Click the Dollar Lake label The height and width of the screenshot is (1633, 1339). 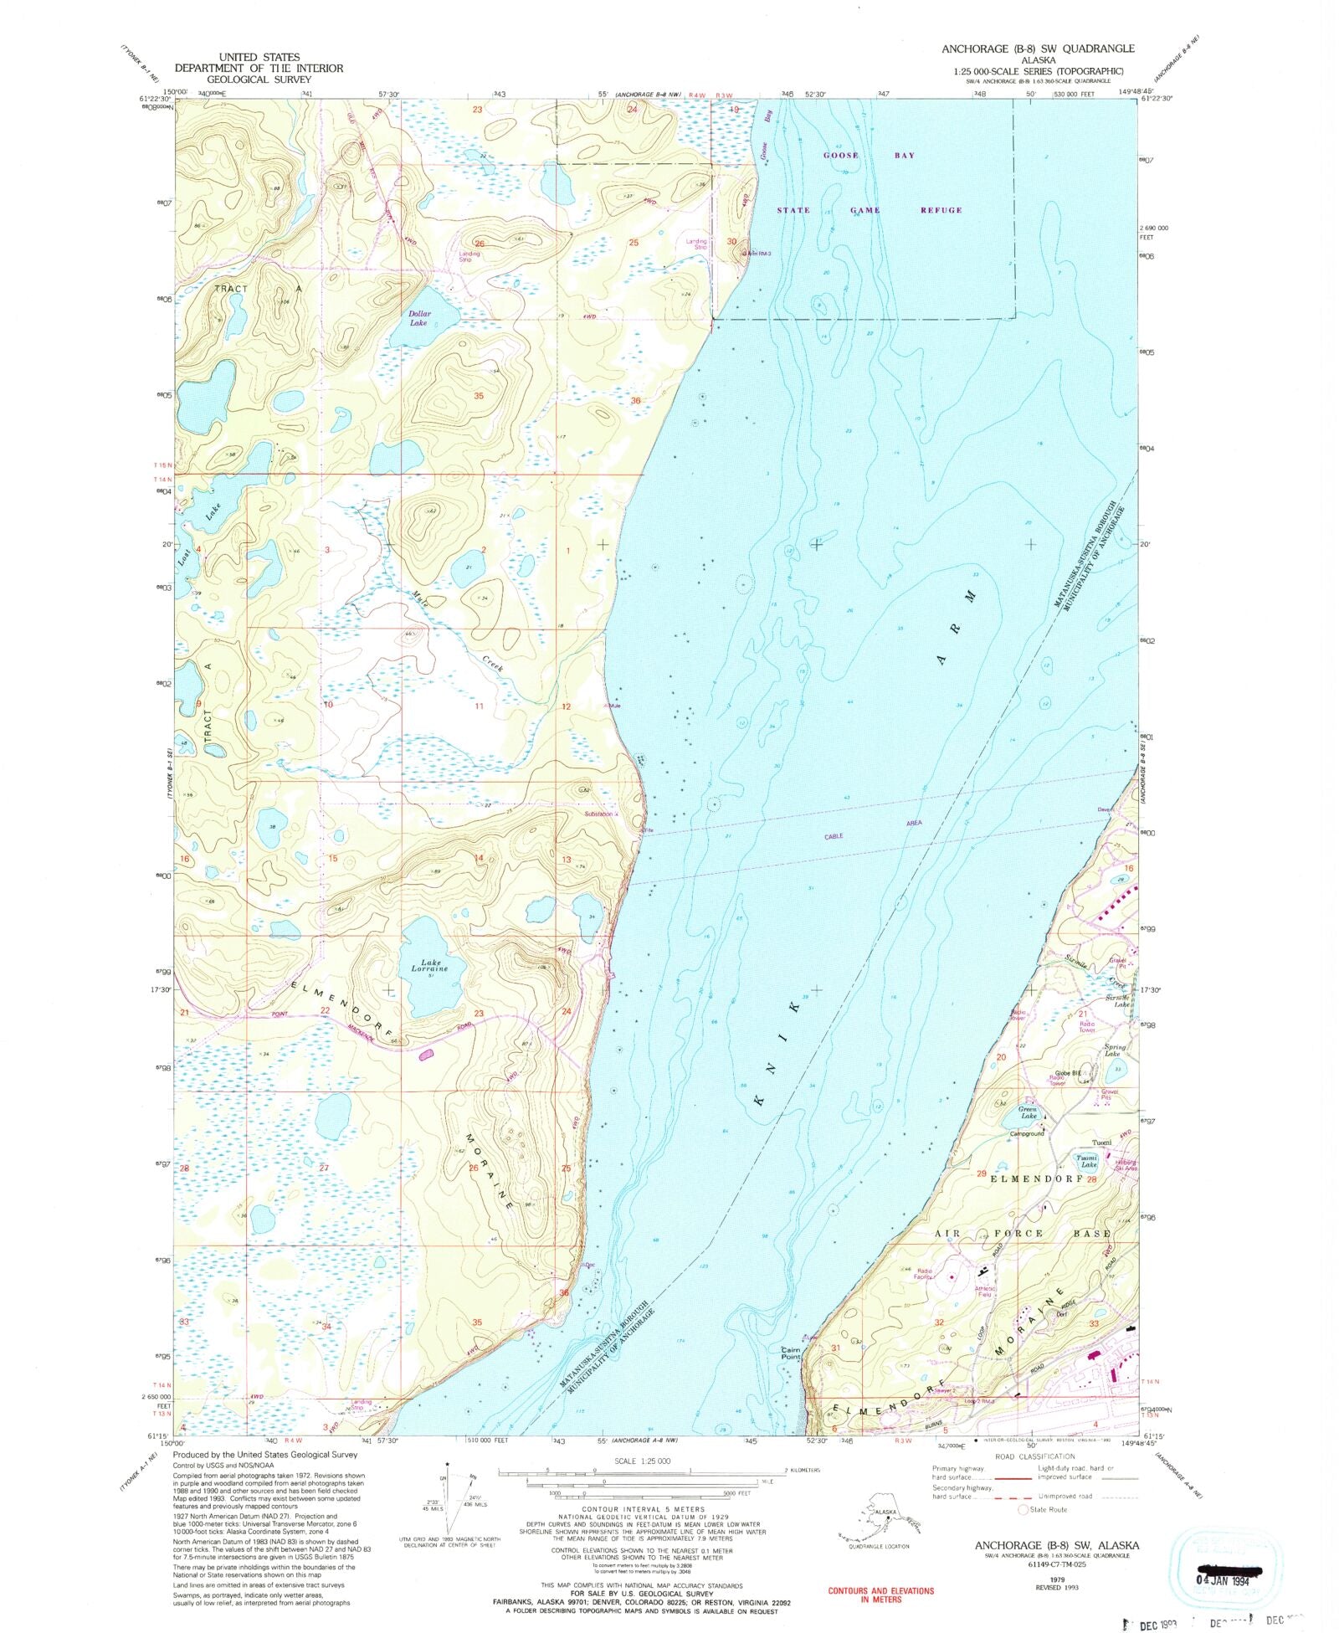pos(418,318)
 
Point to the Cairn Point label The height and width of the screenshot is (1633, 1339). pos(791,1353)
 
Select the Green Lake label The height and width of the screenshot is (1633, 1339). pos(1029,1112)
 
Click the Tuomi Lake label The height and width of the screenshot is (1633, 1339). pos(1087,1161)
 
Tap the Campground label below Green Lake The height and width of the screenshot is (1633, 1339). pos(1028,1133)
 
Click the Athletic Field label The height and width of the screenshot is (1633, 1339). pos(986,1292)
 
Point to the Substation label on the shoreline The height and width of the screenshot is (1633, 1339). pos(599,814)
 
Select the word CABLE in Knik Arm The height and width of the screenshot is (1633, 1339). pos(834,836)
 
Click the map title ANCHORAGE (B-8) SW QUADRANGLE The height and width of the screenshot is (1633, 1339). pos(1038,49)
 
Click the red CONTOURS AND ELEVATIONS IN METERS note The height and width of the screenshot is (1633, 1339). pos(880,1594)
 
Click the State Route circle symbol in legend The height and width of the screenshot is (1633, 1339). pos(1023,1509)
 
